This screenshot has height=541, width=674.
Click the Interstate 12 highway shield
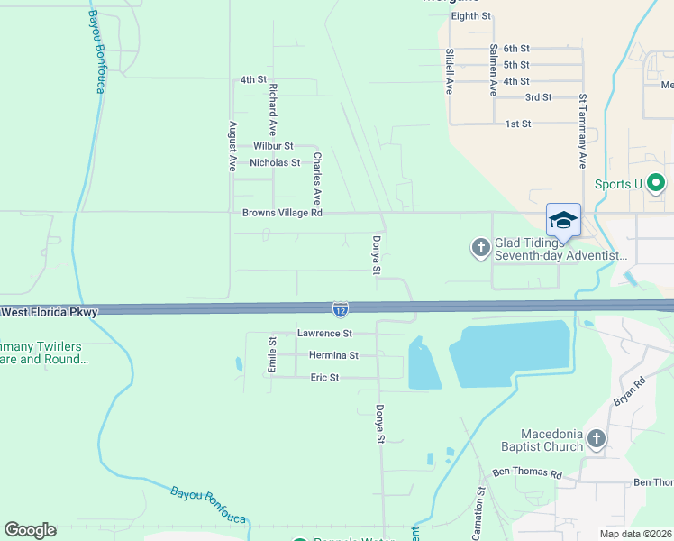click(x=340, y=310)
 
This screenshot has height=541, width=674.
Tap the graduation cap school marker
click(x=563, y=220)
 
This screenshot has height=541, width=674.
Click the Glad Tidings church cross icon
click(x=480, y=246)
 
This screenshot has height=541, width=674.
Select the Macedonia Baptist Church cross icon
click(x=596, y=439)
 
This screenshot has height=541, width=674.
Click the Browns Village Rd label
click(x=282, y=214)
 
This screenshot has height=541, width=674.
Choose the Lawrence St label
click(x=323, y=334)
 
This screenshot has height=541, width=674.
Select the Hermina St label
click(x=333, y=356)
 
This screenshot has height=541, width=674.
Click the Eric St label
click(x=324, y=378)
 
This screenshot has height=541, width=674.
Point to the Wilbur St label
click(x=273, y=145)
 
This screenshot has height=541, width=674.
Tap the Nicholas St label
click(x=275, y=163)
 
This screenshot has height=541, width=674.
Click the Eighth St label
click(x=470, y=16)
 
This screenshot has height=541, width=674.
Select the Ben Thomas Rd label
click(x=527, y=473)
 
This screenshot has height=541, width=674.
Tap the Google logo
click(x=30, y=530)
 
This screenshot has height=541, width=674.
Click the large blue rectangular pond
click(x=511, y=354)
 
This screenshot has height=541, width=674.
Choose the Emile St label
click(x=271, y=353)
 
